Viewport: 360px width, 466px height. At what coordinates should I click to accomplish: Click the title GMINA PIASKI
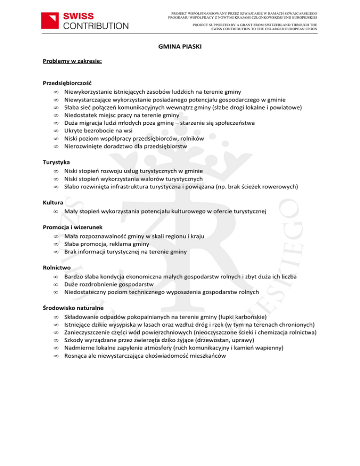(180, 47)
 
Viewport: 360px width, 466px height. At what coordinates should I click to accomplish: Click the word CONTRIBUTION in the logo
(95, 25)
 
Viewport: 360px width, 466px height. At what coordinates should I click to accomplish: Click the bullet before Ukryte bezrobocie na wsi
(55, 131)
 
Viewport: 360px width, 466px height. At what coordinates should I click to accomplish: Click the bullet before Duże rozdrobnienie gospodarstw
(55, 284)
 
